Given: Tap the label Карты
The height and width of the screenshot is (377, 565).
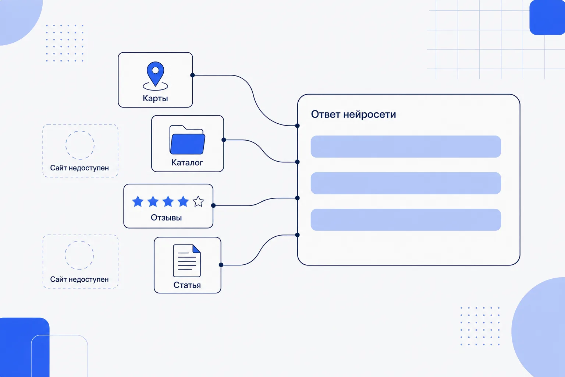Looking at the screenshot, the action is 155,98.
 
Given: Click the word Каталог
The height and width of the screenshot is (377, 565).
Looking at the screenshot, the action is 187,162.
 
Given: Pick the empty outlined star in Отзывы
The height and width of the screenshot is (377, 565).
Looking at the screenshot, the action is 198,201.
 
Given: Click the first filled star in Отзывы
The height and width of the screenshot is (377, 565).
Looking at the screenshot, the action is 138,201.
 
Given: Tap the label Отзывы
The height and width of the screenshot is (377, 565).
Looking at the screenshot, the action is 166,218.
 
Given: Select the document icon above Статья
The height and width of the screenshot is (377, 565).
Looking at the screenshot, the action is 187,261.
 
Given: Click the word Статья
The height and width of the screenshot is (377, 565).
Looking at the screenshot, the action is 187,285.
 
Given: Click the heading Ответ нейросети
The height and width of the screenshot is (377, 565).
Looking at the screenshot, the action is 353,114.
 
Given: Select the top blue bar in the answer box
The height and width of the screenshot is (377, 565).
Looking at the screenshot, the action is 406,147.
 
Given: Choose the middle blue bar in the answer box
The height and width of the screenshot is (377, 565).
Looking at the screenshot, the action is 406,183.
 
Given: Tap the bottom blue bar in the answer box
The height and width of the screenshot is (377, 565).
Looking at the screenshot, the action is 406,220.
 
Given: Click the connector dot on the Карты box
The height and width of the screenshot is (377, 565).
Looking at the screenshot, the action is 192,75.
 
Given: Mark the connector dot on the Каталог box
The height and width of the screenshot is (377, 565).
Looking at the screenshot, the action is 224,140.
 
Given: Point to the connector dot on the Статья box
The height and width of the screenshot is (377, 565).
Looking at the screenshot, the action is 221,265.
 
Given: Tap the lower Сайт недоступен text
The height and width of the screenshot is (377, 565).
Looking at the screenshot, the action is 79,279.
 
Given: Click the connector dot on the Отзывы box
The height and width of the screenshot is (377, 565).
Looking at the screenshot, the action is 213,205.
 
